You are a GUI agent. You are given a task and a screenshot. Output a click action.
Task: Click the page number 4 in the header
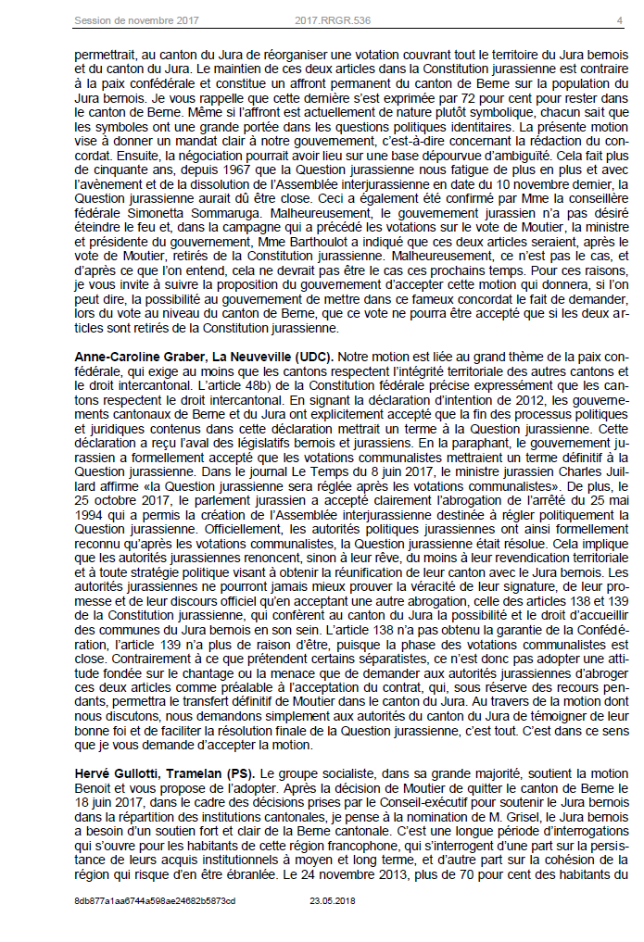[x=620, y=19]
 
